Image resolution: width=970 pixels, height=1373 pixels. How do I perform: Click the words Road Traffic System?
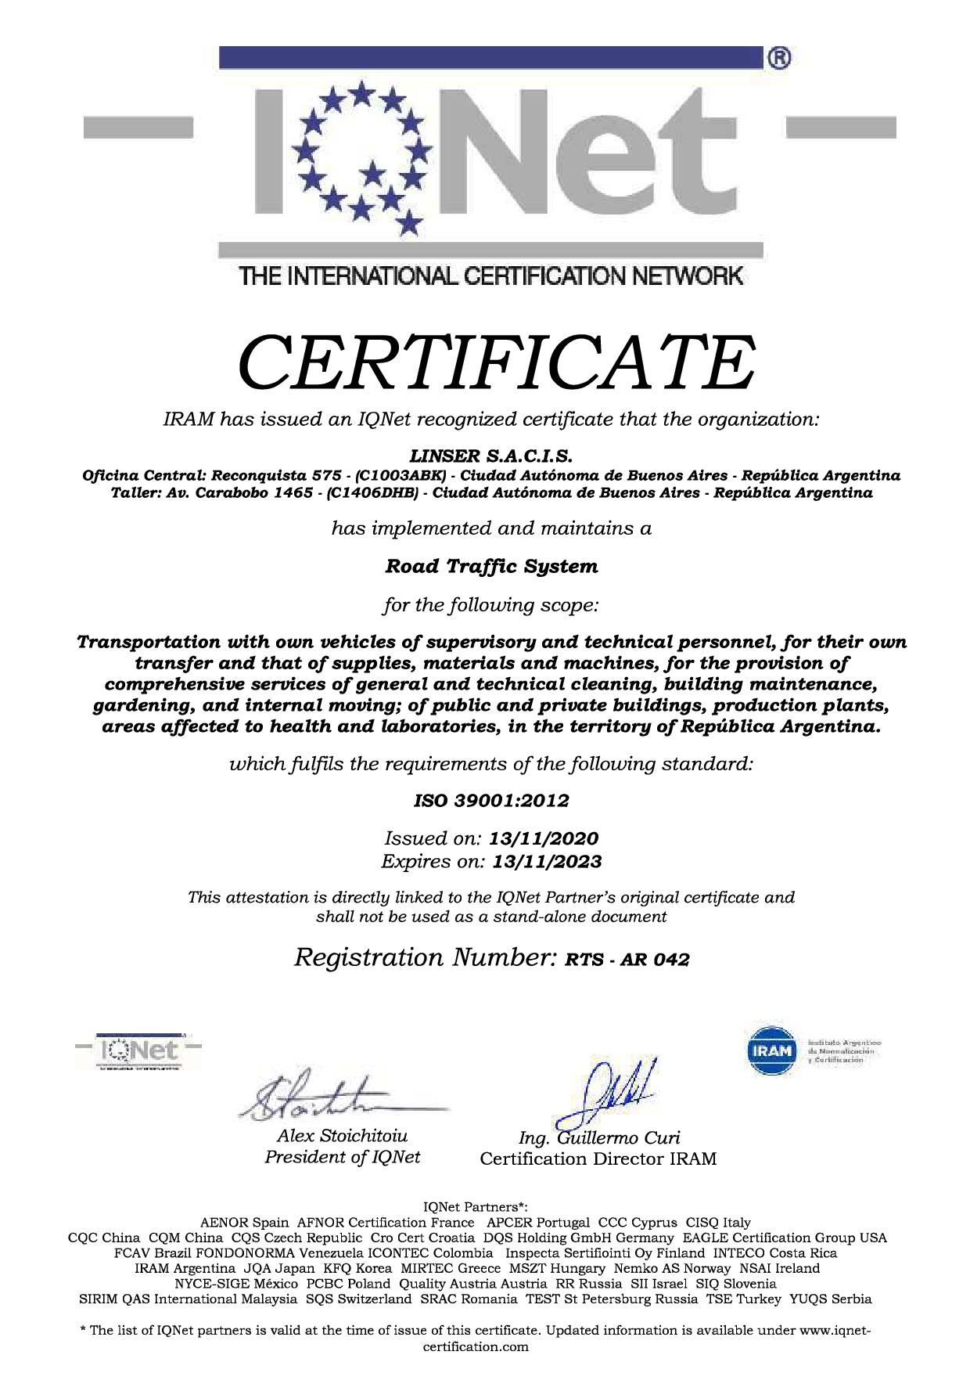point(491,566)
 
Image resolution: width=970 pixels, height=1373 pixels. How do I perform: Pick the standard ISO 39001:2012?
point(491,801)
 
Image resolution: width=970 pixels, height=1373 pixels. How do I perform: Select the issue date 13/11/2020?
point(544,839)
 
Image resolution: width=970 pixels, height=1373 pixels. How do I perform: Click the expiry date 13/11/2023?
point(547,862)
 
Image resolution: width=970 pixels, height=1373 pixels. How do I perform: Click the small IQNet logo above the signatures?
point(138,1051)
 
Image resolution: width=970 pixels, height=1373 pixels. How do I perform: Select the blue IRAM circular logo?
point(772,1050)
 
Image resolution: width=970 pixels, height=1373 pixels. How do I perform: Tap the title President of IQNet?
point(342,1157)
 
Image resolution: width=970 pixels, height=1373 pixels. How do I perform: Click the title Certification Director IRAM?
point(598,1159)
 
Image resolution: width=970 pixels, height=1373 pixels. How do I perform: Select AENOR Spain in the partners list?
point(244,1222)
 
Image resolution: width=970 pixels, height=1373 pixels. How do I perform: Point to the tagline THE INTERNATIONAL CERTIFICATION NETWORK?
point(491,276)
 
